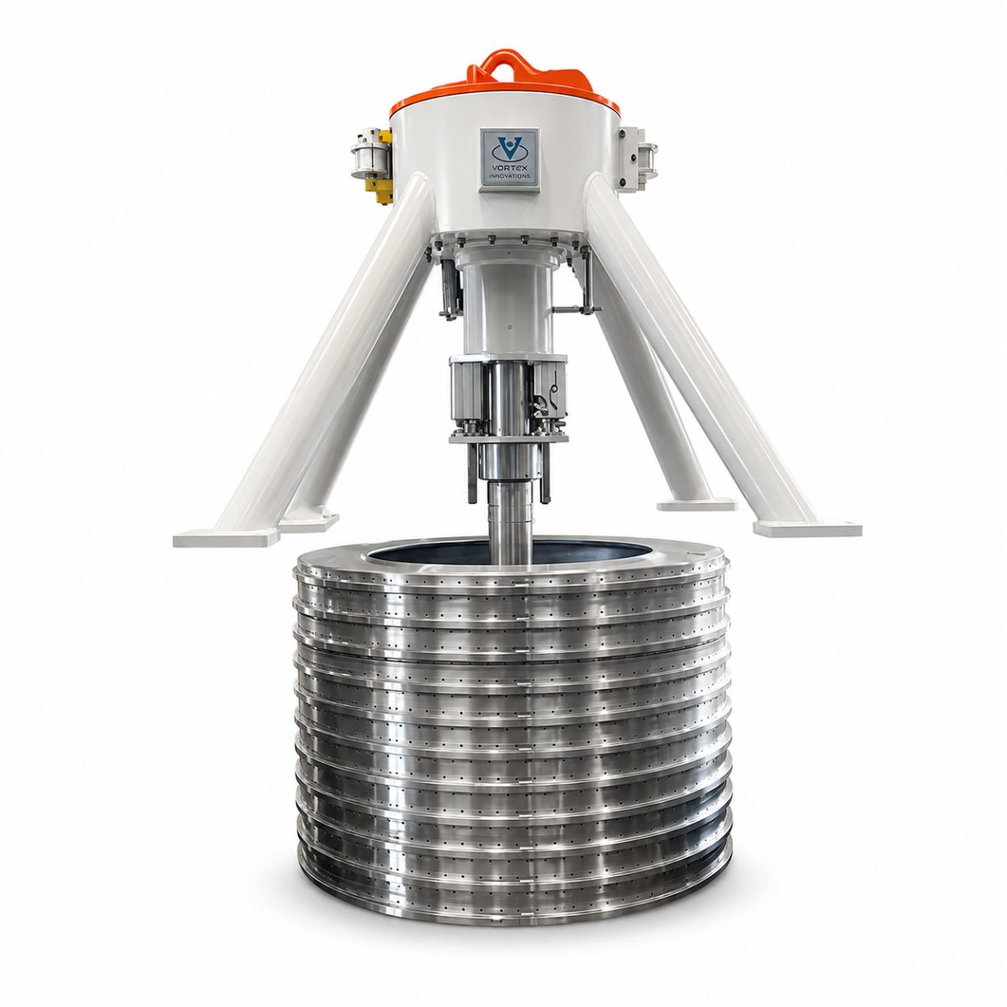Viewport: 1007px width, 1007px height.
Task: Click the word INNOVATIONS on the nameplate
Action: point(509,176)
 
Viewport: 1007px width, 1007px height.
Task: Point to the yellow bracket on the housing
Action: point(383,166)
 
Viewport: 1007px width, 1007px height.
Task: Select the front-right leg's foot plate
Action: point(807,529)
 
